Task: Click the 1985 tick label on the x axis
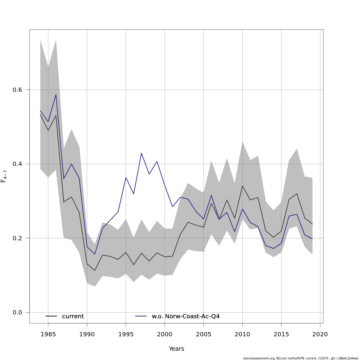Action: tap(48, 334)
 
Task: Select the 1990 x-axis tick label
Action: tap(87, 334)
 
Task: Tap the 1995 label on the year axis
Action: tap(126, 334)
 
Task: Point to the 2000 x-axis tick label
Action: tap(165, 334)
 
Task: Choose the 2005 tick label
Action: tap(203, 334)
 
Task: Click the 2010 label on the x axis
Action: tap(242, 334)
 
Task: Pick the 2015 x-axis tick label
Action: tap(281, 334)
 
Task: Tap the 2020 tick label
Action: tap(320, 334)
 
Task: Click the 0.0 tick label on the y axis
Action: tap(17, 313)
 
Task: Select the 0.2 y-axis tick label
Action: tap(17, 238)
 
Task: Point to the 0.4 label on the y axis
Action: tap(17, 164)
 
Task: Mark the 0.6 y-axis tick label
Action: tap(17, 90)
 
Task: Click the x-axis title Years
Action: tap(176, 349)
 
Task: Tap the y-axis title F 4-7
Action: tap(4, 176)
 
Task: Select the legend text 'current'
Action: tap(73, 316)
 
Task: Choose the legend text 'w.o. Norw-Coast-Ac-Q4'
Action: tap(186, 316)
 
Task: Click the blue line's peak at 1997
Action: tap(141, 153)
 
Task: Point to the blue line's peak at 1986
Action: tap(56, 94)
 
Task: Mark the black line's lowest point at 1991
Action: tap(95, 270)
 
